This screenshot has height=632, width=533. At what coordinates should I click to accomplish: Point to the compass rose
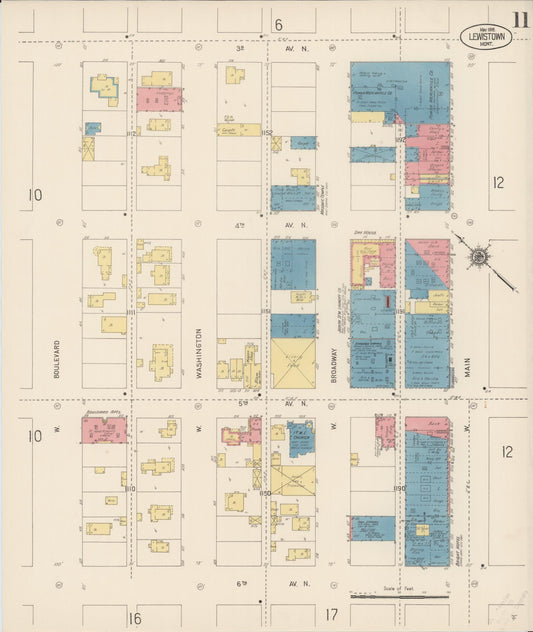tap(479, 259)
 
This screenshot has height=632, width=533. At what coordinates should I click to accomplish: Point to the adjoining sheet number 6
tap(279, 24)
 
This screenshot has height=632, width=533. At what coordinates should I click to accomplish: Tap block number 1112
tap(131, 133)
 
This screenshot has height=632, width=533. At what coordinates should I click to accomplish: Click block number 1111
tap(131, 313)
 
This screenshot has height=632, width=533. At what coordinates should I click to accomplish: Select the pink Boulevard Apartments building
tap(104, 431)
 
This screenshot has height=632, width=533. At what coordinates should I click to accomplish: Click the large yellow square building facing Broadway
tap(293, 364)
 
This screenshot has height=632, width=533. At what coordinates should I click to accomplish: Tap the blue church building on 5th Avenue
tap(300, 438)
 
